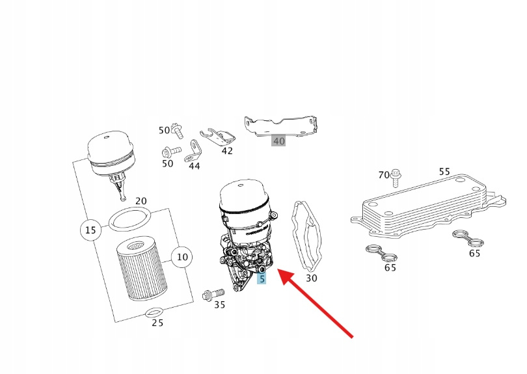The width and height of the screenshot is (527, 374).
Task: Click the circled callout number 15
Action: (90, 230)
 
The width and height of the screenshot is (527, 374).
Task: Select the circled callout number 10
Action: (182, 257)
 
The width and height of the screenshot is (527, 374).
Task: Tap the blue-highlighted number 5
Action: (262, 278)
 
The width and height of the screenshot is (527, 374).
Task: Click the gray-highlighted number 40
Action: (278, 140)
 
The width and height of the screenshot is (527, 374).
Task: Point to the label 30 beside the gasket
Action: (311, 278)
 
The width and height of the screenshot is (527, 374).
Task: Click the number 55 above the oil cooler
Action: (444, 172)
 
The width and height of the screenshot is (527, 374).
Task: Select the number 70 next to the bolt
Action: (383, 175)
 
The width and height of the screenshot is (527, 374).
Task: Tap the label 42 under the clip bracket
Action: (227, 151)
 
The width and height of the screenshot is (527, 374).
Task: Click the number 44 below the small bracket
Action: (194, 166)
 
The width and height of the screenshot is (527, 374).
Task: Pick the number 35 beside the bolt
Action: (219, 305)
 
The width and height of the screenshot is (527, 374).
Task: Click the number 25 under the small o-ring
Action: (157, 323)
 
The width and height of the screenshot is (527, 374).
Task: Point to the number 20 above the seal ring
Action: (141, 201)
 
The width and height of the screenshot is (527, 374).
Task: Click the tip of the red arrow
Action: (278, 269)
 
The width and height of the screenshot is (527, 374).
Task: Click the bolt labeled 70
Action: (396, 178)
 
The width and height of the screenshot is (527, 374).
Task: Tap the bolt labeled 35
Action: (213, 295)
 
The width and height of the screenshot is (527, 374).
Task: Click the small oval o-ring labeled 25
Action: (154, 312)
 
